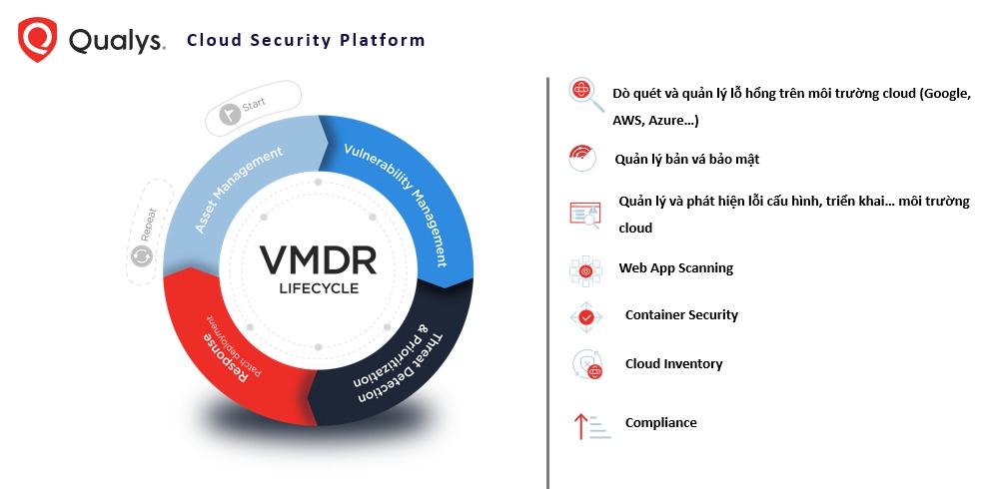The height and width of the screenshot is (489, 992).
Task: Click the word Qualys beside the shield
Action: [x=116, y=41]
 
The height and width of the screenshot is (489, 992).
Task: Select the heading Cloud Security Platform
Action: [x=306, y=41]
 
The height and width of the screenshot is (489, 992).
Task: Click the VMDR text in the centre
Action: [x=319, y=260]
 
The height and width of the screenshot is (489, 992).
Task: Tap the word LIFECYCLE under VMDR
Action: [x=319, y=289]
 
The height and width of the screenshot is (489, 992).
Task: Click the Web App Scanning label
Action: [x=675, y=268]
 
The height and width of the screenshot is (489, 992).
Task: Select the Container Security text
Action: [x=681, y=315]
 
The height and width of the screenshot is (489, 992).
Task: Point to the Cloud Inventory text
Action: [x=673, y=364]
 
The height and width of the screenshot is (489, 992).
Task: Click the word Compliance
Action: [x=660, y=423]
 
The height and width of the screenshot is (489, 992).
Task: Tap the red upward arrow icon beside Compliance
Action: [x=579, y=426]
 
